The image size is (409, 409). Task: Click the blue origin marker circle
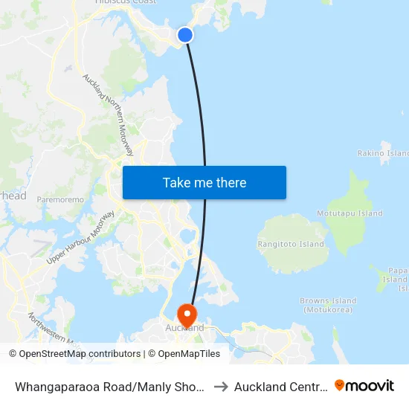coord(185,34)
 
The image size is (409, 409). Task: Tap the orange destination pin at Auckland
coord(185,312)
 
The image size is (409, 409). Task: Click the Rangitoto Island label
coord(291,244)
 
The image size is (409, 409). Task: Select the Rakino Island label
coord(382,153)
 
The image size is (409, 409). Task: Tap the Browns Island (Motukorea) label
coord(328,305)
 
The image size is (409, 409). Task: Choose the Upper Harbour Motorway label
coord(80,237)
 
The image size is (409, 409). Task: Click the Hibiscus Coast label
coord(126,2)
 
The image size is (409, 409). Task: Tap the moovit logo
coord(364,386)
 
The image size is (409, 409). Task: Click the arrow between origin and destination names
coord(221,386)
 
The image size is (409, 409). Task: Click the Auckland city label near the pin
coord(184,328)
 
